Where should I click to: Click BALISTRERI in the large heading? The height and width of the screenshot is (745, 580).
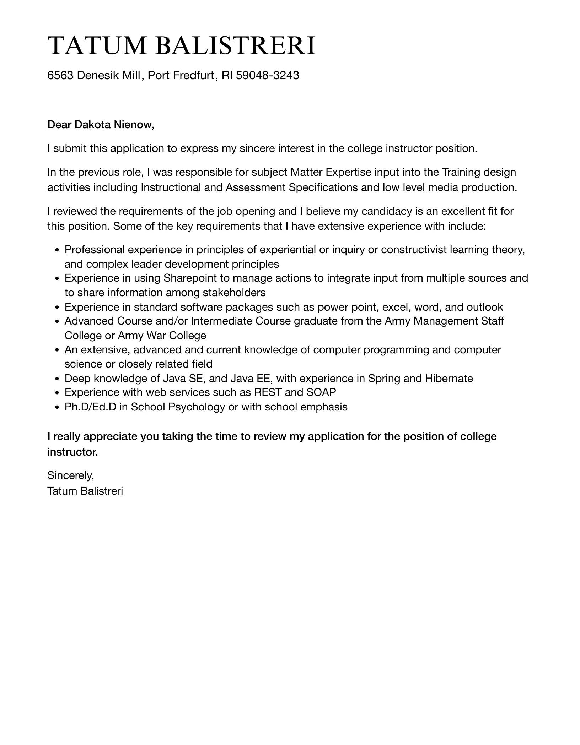coord(235,46)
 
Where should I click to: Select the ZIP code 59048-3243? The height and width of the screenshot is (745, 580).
coord(267,75)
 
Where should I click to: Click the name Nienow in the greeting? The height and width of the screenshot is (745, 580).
coord(134,125)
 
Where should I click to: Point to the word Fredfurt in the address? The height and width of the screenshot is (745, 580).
coord(194,75)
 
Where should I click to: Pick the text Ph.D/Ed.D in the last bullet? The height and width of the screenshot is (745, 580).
coord(90,407)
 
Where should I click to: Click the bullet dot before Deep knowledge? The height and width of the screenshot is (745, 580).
coord(57,379)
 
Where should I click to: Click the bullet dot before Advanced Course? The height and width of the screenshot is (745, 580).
coord(57,322)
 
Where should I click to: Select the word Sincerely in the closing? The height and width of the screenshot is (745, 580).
coord(70,475)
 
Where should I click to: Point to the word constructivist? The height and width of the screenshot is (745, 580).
coord(414,250)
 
